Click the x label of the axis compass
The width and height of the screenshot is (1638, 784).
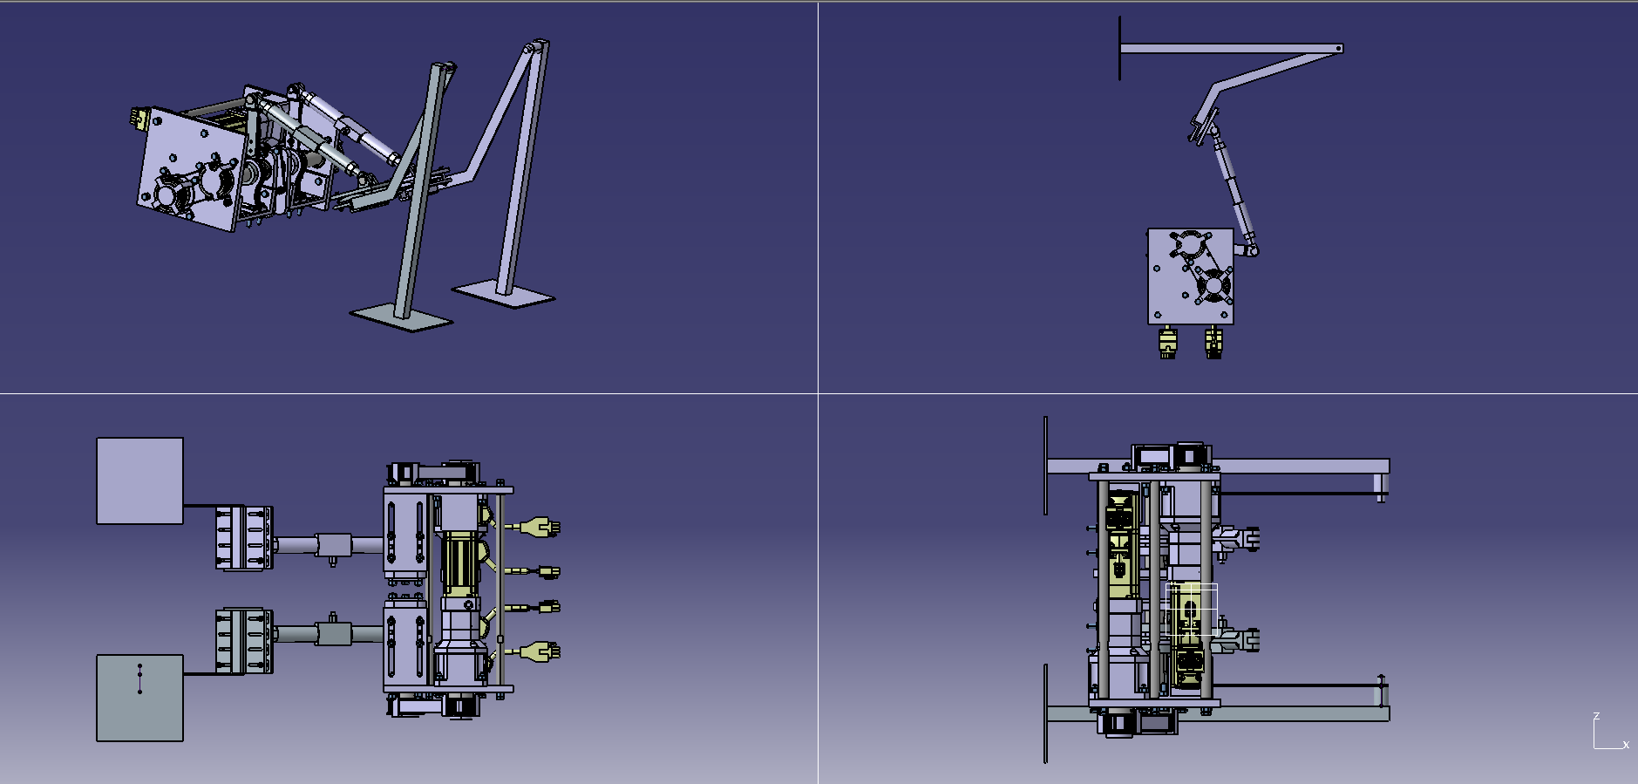(1626, 745)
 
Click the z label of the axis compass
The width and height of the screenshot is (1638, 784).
(1596, 717)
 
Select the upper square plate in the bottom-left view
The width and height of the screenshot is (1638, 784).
(139, 481)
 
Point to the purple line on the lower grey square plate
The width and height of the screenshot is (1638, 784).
(139, 678)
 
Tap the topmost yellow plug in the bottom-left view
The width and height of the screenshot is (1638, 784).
(540, 527)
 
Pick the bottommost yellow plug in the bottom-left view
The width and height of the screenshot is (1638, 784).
(540, 651)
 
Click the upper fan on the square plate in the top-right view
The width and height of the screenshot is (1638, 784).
(1189, 245)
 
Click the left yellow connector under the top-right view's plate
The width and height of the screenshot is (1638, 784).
(1167, 342)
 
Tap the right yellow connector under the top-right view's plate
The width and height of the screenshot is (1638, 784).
(1213, 342)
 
